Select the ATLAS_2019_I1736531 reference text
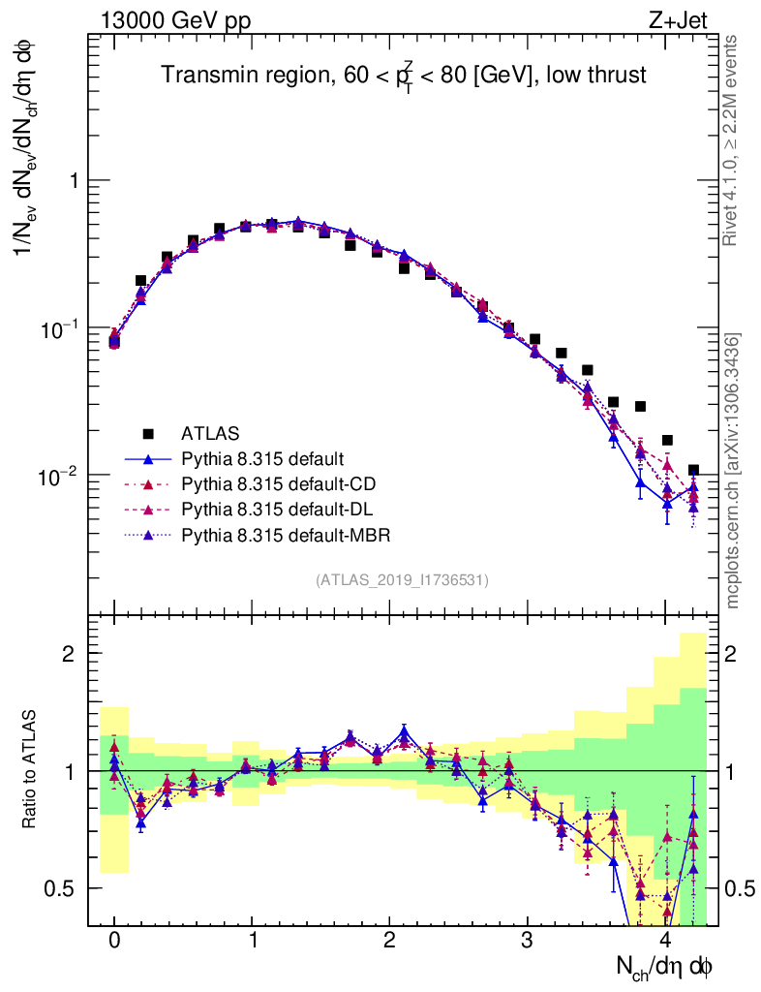pyautogui.click(x=402, y=580)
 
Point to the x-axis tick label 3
pyautogui.click(x=528, y=941)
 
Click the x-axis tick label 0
pyautogui.click(x=114, y=941)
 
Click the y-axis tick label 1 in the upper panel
pyautogui.click(x=71, y=181)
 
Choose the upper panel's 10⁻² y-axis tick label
pyautogui.click(x=60, y=475)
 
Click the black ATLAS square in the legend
pyautogui.click(x=148, y=433)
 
